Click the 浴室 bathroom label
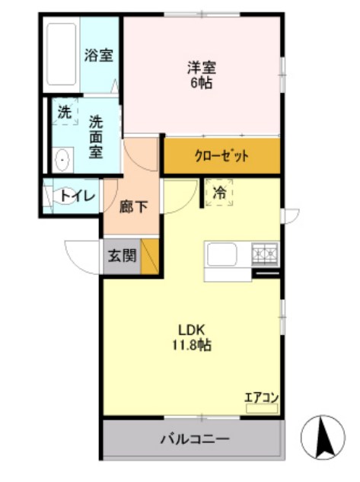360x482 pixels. pyautogui.click(x=99, y=56)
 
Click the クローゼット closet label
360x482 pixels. pyautogui.click(x=221, y=157)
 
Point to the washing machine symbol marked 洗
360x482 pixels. pyautogui.click(x=64, y=112)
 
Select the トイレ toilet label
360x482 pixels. pyautogui.click(x=78, y=196)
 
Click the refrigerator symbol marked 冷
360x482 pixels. pyautogui.click(x=219, y=193)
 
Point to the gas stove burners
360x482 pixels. pyautogui.click(x=266, y=251)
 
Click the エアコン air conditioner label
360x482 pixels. pyautogui.click(x=262, y=397)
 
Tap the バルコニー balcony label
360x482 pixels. pyautogui.click(x=194, y=439)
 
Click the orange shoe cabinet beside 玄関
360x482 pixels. pyautogui.click(x=151, y=257)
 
